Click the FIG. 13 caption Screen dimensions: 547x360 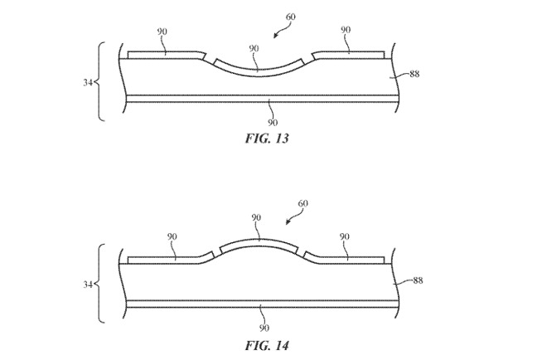(x=267, y=139)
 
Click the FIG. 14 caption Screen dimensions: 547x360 (x=267, y=346)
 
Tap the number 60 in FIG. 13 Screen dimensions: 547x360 (x=291, y=17)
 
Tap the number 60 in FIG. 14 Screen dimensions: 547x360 (x=303, y=203)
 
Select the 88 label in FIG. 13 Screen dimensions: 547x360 (x=414, y=74)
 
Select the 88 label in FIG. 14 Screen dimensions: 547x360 (x=418, y=280)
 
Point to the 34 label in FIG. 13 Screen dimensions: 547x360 (x=88, y=83)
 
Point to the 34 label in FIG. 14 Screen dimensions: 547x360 (x=88, y=285)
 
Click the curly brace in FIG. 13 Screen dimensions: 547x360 (x=99, y=81)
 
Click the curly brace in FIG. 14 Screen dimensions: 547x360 (x=99, y=283)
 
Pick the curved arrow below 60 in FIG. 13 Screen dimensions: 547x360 (x=282, y=30)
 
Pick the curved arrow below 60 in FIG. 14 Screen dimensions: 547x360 (x=294, y=216)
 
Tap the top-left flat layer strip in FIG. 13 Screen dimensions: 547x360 (x=167, y=55)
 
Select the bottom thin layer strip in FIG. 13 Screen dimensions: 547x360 (x=262, y=99)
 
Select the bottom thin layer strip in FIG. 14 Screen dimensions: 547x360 (x=262, y=304)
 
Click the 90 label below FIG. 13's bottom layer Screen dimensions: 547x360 (x=273, y=123)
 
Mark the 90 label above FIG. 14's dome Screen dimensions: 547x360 (x=256, y=217)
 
